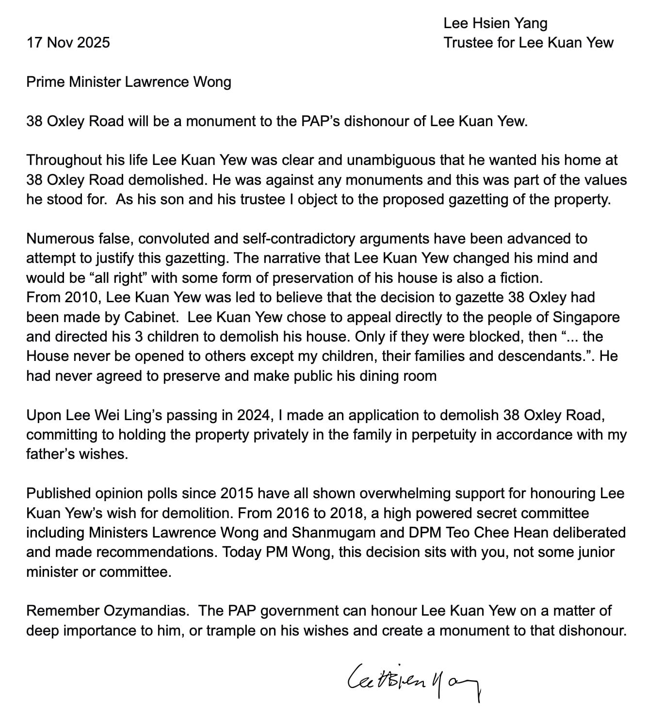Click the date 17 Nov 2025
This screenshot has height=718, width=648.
point(68,43)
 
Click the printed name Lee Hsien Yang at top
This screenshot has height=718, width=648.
point(495,23)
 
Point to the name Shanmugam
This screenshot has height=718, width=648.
point(334,532)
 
